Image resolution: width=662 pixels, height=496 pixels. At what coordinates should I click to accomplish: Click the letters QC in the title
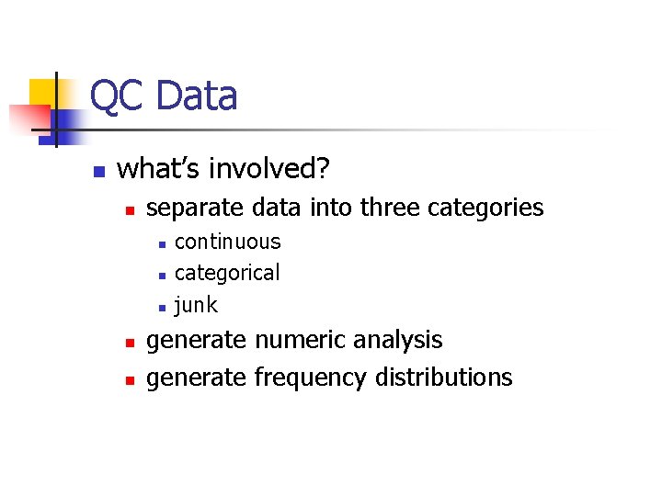point(117,96)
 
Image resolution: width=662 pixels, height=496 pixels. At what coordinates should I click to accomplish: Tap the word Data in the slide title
point(196,96)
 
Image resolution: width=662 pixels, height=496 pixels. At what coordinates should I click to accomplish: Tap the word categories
point(486,209)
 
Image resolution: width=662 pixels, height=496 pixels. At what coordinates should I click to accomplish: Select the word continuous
point(227,242)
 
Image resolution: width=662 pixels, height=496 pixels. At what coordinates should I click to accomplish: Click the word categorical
point(227,273)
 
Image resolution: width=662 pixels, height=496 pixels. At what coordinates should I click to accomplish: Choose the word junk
point(196,304)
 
